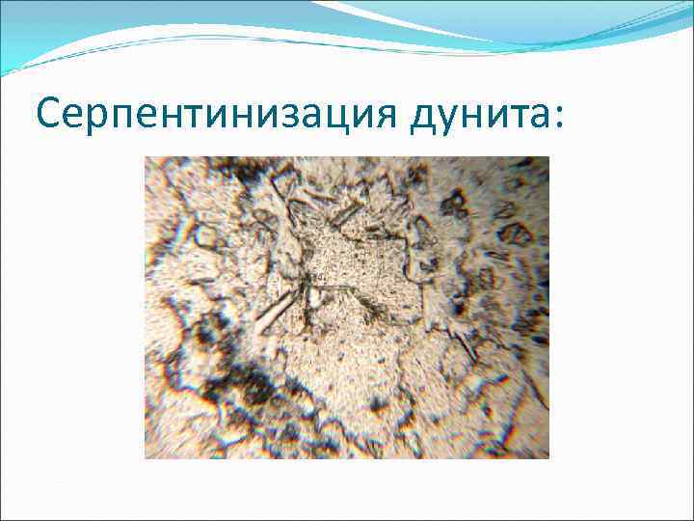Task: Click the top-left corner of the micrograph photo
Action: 146,157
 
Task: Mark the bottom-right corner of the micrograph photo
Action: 547,457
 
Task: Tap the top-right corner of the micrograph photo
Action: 547,157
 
